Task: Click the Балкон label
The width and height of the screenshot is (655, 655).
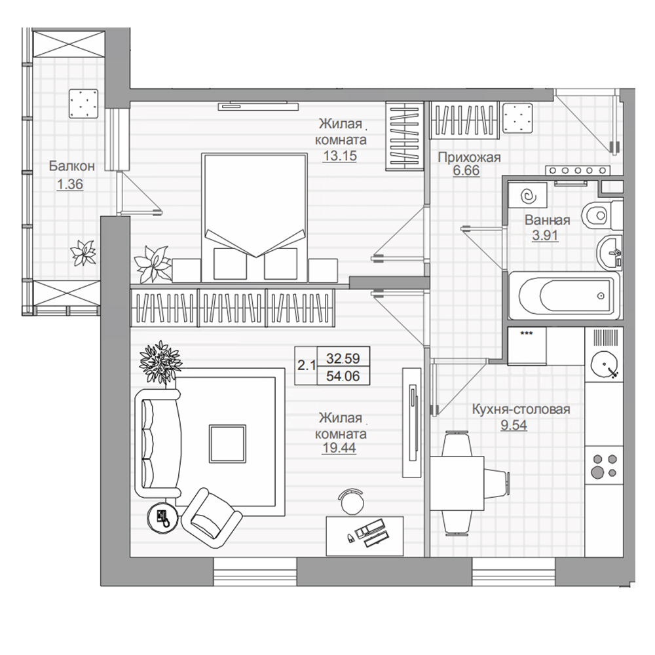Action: (x=72, y=166)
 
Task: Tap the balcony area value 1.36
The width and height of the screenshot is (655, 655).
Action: (x=70, y=184)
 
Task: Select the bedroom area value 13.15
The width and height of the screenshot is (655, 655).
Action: (x=340, y=156)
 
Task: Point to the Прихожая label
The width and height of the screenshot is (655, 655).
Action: (x=469, y=157)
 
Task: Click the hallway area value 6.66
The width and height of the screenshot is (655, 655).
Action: (x=466, y=171)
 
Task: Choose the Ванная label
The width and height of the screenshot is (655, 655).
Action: (x=548, y=219)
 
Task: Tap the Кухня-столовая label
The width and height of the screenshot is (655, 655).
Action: (x=521, y=409)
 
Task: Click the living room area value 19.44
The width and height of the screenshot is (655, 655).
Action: (x=339, y=448)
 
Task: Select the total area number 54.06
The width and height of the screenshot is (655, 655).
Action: (x=343, y=377)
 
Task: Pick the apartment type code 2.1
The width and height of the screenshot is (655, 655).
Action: (x=306, y=366)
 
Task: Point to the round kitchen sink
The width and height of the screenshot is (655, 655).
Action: (x=604, y=365)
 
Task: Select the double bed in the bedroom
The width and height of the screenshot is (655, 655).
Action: (x=254, y=217)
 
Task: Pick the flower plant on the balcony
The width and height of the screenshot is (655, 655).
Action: (x=83, y=253)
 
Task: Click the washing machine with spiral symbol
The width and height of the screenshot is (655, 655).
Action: (x=528, y=195)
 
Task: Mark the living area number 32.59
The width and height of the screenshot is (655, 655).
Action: (x=343, y=358)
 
